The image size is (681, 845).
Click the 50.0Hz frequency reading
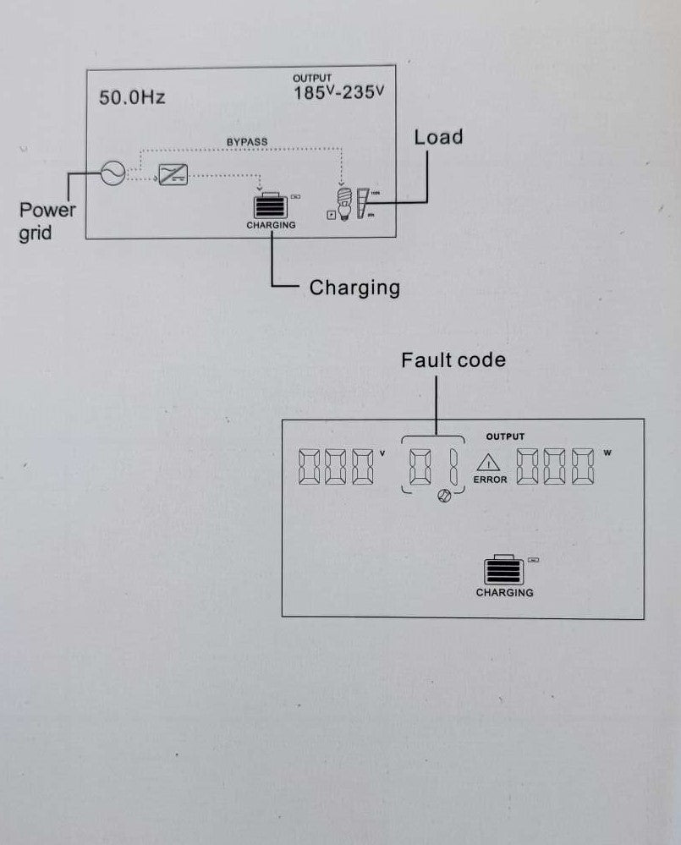point(132,97)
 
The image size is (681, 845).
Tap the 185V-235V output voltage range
point(338,92)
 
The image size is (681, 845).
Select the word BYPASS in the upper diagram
point(247,141)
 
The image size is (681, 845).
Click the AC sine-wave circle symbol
point(112,173)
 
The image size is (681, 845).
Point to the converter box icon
point(173,176)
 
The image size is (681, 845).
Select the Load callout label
point(438,137)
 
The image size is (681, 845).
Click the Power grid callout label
point(47,221)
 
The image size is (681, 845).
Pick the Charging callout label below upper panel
point(354,288)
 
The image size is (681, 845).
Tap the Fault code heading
point(453,360)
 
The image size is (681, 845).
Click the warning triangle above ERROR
point(489,464)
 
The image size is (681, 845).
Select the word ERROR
point(490,480)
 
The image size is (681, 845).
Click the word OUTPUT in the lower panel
point(505,437)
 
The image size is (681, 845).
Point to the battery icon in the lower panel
point(503,571)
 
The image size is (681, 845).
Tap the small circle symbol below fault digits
point(443,497)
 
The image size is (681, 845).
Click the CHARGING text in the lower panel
point(504,593)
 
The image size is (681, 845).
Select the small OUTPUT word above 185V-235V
point(312,78)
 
